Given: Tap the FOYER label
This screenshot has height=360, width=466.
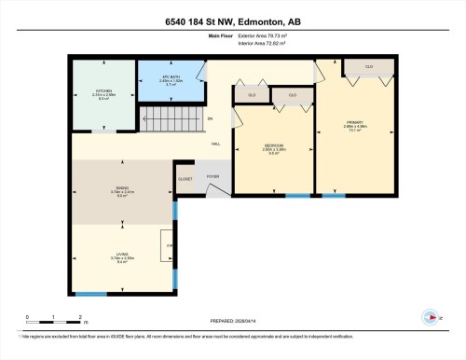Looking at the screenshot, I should tap(212, 176).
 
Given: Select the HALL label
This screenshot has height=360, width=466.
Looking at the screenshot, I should tap(215, 145).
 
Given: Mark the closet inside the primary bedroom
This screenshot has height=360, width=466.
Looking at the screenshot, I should tap(369, 67).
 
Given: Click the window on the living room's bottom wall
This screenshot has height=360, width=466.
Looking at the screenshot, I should tap(91, 295).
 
